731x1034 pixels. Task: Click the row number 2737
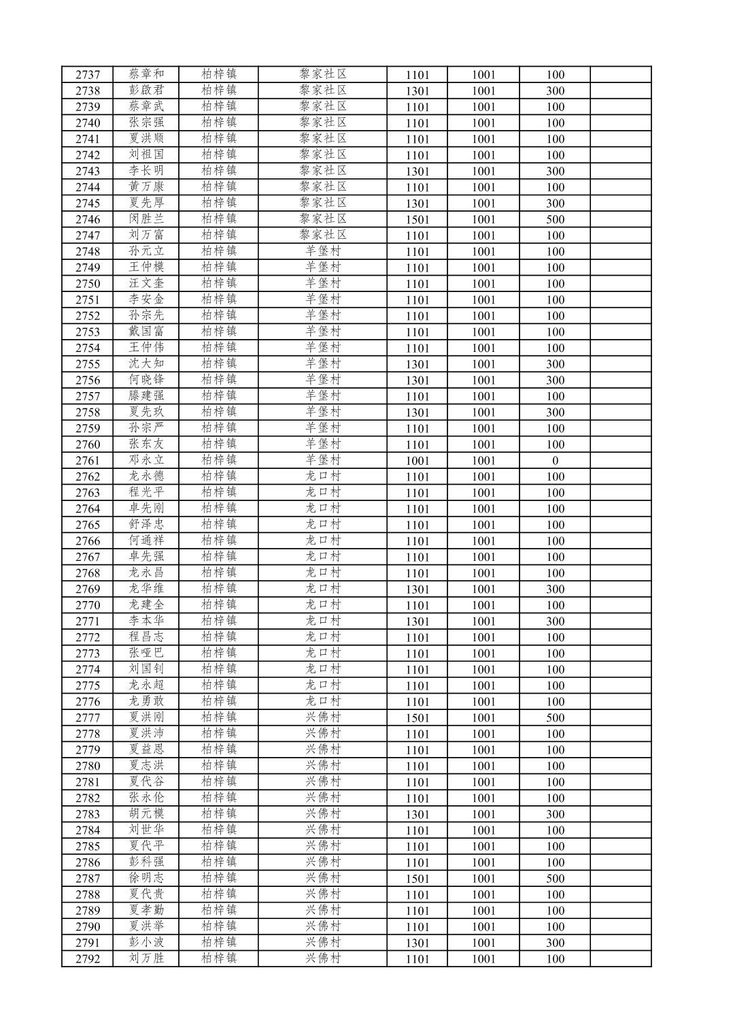[x=87, y=75]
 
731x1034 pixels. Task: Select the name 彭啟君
[x=146, y=91]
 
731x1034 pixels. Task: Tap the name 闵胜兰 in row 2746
[x=146, y=219]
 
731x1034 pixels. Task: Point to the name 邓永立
[x=146, y=460]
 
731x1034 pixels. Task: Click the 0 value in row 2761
[x=555, y=461]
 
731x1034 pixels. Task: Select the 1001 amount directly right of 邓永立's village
[x=418, y=461]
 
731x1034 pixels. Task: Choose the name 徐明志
[x=146, y=878]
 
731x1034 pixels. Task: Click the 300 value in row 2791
[x=555, y=943]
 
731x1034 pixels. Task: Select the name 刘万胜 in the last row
[x=146, y=958]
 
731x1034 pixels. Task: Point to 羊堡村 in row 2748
[x=323, y=251]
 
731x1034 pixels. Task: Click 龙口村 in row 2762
[x=323, y=476]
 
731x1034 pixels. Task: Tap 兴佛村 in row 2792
[x=323, y=958]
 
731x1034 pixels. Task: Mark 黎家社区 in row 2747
[x=323, y=235]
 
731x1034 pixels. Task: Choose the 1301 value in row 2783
[x=418, y=814]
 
